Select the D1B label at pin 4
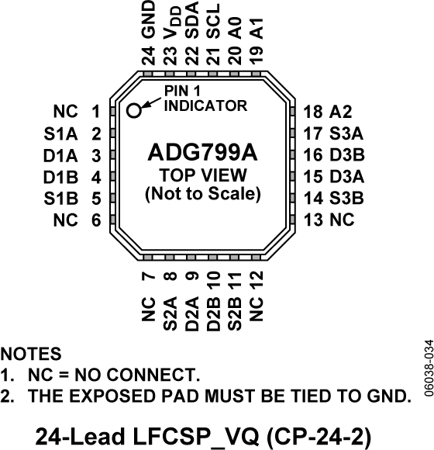click(59, 176)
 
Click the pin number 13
click(314, 220)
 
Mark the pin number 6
click(95, 220)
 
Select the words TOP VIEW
click(202, 174)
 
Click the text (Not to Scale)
click(202, 193)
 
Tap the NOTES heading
click(30, 354)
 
